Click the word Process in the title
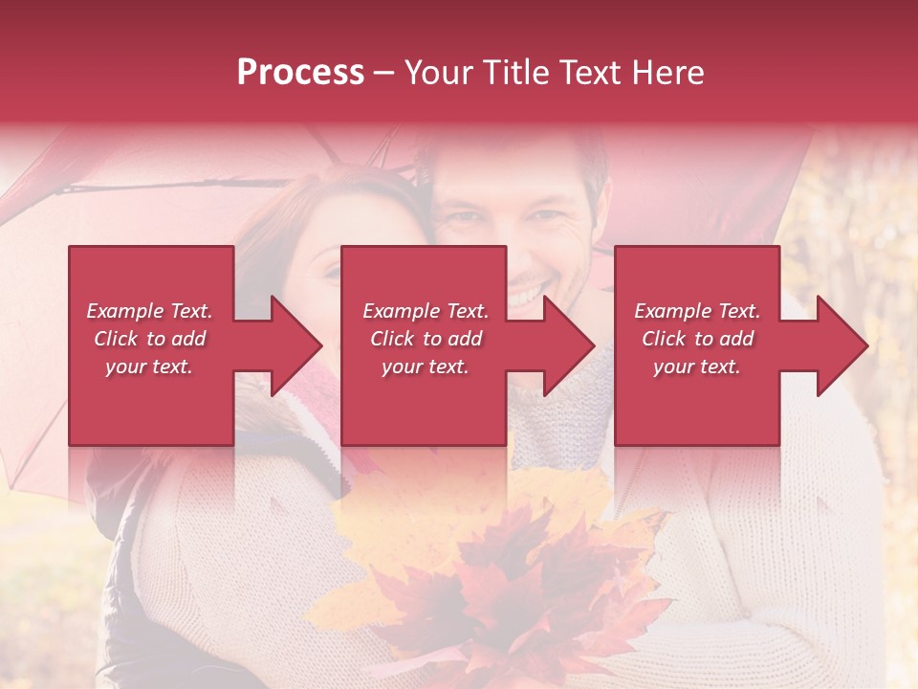coord(300,73)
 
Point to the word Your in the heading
coord(437,73)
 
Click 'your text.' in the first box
coord(149,367)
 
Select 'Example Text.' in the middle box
coord(426,311)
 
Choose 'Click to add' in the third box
coord(698,339)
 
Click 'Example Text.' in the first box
coord(150,311)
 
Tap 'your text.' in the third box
coord(697,367)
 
